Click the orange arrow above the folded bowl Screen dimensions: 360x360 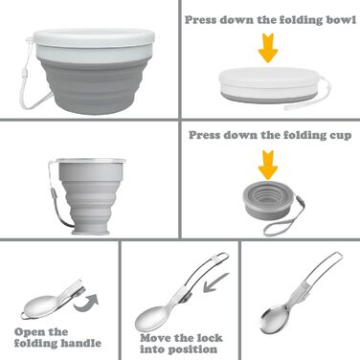268,47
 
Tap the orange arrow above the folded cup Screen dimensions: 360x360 268,165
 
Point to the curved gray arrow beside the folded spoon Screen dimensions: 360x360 87,303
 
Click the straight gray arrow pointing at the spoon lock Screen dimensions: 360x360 216,282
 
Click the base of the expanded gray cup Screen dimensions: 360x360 91,232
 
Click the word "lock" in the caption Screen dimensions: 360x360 210,338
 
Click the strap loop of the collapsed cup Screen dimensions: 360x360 283,219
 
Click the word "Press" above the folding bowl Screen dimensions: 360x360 201,20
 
